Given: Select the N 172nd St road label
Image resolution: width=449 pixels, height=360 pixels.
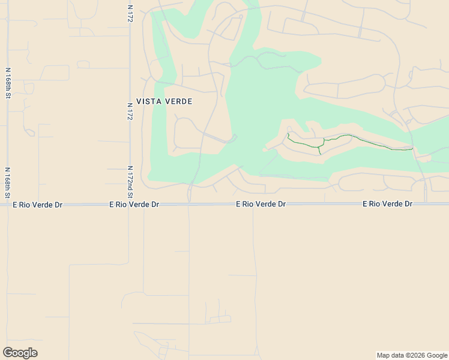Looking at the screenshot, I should click(130, 182).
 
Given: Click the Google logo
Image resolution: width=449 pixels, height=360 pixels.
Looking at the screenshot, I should click(20, 353).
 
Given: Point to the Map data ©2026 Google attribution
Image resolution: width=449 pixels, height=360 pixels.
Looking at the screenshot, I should click(412, 355).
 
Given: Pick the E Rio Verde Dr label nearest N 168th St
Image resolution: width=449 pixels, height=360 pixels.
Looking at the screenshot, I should click(38, 205).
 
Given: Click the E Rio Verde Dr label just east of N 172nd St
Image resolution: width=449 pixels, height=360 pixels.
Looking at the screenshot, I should click(134, 205).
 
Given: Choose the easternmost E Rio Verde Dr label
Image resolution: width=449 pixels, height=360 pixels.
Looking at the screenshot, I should click(388, 204).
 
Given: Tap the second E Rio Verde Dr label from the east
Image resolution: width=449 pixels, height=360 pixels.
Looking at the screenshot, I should click(261, 204).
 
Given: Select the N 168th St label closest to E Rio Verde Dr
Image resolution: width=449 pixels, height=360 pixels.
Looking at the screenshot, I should click(8, 182).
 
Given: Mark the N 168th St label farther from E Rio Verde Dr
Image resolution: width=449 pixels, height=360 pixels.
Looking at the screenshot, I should click(8, 83).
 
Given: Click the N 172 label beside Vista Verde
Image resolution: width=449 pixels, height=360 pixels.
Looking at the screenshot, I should click(130, 112).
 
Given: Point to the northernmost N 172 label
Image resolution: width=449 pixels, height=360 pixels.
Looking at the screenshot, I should click(130, 15).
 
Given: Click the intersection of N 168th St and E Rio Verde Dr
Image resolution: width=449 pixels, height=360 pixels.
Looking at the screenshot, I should click(8, 205).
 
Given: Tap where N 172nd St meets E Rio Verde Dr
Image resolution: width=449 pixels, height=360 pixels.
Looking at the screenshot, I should click(130, 205).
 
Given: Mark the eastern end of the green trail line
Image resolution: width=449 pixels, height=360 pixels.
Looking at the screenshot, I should click(413, 148).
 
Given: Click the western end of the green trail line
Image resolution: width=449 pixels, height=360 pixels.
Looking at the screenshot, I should click(288, 134).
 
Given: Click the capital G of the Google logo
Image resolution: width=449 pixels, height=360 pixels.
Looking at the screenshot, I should click(8, 352).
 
